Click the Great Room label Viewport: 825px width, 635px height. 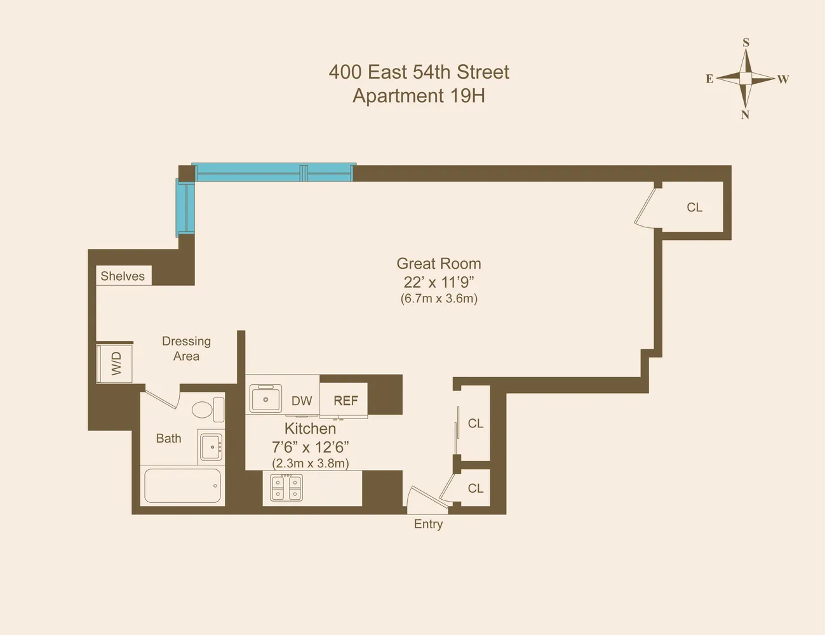click(438, 264)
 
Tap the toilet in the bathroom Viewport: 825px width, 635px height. click(203, 410)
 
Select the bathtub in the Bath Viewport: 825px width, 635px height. click(182, 486)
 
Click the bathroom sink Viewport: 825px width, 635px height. click(210, 446)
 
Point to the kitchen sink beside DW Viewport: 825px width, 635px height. click(265, 399)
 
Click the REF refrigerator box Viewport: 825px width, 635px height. click(345, 400)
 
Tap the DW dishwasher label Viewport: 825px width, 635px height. click(302, 401)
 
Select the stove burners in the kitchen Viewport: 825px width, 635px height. click(286, 488)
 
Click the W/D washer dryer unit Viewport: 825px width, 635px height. click(115, 364)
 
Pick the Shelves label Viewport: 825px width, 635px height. click(123, 276)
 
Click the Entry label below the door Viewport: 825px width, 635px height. click(428, 524)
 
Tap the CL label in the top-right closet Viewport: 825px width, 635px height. click(694, 208)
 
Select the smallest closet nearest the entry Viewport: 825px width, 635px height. click(474, 488)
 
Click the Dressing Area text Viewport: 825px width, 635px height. click(186, 349)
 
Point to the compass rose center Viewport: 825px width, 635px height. click(746, 78)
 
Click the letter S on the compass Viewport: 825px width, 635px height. click(746, 43)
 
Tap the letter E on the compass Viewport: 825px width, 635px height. click(709, 79)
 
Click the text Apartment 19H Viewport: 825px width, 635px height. click(419, 96)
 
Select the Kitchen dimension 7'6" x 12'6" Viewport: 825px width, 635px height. click(310, 446)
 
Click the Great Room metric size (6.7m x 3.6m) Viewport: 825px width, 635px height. click(439, 298)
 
